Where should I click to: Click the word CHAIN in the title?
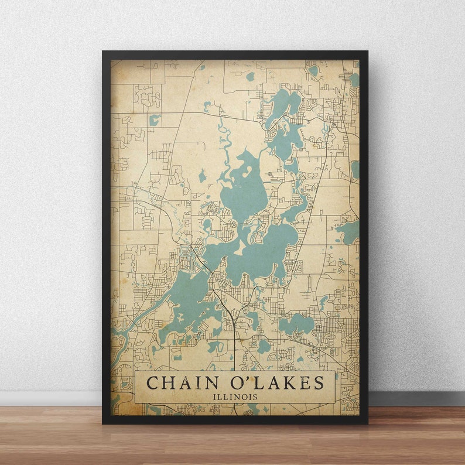pos(179,383)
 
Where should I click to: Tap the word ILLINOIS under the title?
pos(234,396)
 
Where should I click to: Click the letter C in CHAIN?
pos(152,383)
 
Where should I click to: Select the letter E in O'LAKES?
pos(303,383)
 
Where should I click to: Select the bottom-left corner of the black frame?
pos(104,422)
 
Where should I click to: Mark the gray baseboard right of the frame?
pos(416,399)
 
